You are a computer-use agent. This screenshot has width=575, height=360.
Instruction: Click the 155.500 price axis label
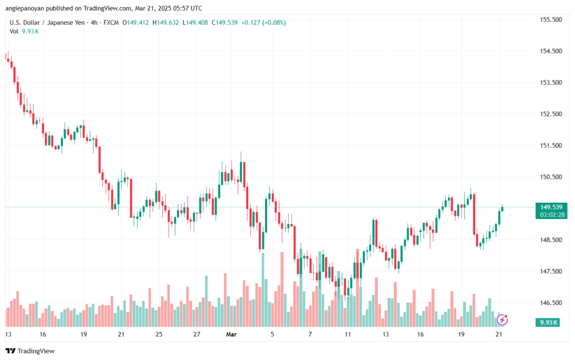tap(550, 20)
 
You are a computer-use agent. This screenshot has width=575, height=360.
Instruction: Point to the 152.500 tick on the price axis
tap(550, 114)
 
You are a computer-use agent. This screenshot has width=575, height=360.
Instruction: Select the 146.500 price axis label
tap(550, 303)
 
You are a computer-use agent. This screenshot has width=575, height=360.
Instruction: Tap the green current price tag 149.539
tap(551, 207)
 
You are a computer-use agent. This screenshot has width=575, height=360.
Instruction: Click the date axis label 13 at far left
tap(8, 334)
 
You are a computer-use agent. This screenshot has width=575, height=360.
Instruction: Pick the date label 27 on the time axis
tap(197, 334)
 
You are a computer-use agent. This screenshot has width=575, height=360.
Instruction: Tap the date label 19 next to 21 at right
tap(460, 334)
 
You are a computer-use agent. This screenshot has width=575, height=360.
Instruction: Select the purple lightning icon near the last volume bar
tap(503, 320)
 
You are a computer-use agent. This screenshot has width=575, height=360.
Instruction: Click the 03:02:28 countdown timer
tap(551, 215)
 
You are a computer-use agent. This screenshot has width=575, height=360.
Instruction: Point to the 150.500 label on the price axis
tap(550, 177)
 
